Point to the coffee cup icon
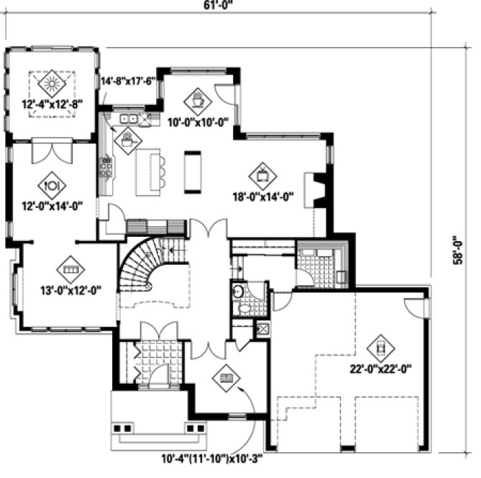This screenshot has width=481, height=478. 197,97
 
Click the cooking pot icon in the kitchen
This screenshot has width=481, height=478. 127,137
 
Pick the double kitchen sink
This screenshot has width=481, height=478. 130,118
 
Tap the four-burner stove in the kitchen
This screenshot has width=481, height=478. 106,169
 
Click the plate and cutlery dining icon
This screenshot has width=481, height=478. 51,184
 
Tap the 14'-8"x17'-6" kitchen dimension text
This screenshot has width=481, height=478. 129,82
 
